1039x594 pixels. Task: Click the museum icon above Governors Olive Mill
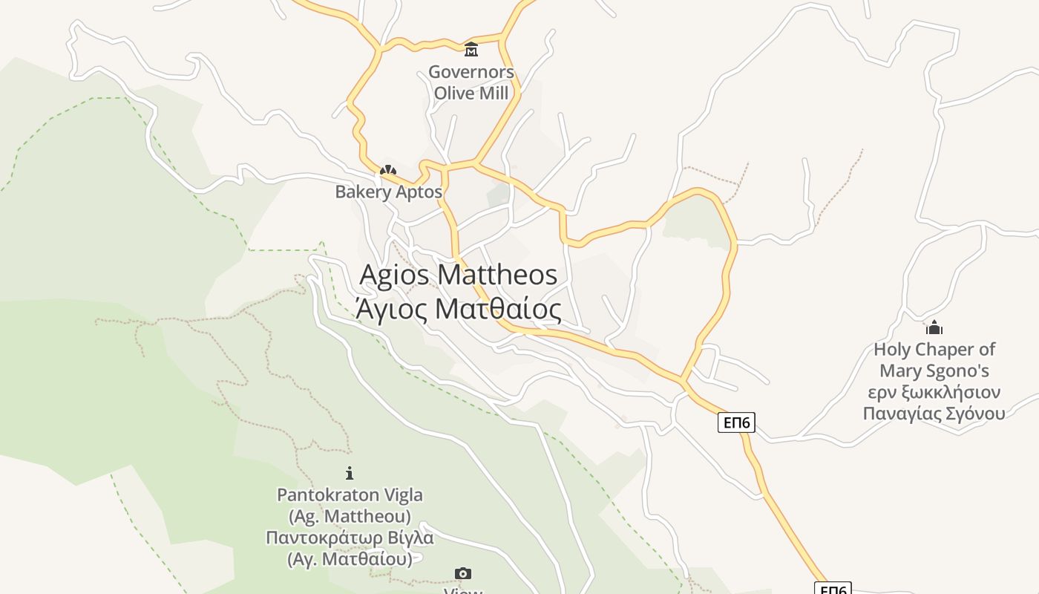pos(471,50)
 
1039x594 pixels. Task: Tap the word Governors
pos(471,73)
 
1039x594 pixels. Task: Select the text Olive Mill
pos(471,94)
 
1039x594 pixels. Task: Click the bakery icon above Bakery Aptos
pos(387,171)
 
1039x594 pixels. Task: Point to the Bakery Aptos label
pos(388,192)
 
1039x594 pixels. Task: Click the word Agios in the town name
pos(394,275)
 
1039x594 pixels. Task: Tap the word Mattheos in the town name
pos(497,275)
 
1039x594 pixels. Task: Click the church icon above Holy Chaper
pos(934,327)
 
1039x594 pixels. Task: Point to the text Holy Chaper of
pos(934,350)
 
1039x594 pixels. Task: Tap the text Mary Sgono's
pos(934,371)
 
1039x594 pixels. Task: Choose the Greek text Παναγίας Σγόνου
pos(934,414)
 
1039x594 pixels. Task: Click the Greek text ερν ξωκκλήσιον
pos(934,392)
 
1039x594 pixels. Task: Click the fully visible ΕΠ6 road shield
pos(736,422)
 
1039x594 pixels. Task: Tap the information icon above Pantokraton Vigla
pos(350,473)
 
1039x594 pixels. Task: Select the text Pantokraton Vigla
pos(350,495)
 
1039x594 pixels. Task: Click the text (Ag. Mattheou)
pos(350,515)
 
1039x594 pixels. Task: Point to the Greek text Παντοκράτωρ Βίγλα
pos(350,537)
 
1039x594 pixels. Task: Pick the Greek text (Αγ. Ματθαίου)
pos(350,558)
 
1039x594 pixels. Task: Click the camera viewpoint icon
pos(462,573)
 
